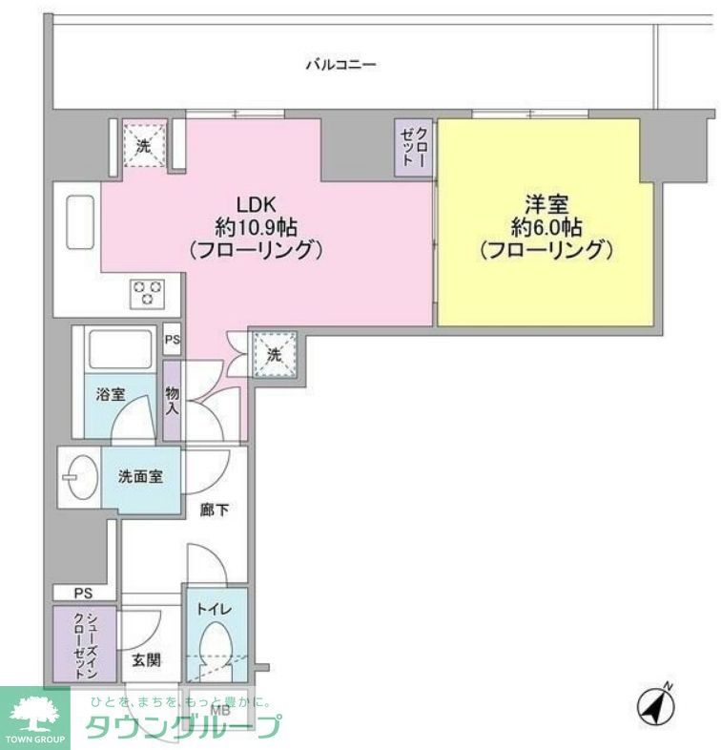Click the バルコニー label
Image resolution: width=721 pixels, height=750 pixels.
tap(340, 65)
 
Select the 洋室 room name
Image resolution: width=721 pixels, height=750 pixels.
tap(545, 204)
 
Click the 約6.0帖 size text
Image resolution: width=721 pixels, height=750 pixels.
tap(546, 228)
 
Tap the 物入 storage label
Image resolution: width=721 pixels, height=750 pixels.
tap(172, 399)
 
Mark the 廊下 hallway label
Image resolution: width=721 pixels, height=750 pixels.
tap(215, 510)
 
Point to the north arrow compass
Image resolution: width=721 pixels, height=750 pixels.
tap(656, 707)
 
